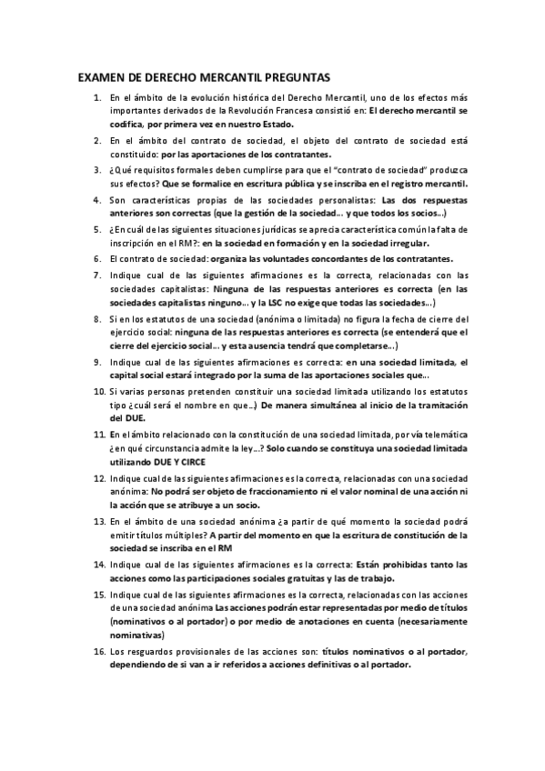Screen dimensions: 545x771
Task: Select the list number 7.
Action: pyautogui.click(x=97, y=275)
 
